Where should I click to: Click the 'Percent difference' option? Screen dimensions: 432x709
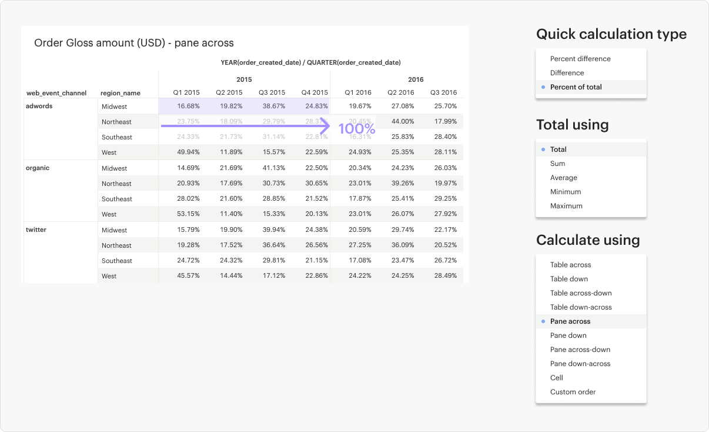tap(580, 59)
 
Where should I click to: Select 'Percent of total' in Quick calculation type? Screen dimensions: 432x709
tap(576, 87)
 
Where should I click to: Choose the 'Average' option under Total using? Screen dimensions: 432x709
tap(564, 178)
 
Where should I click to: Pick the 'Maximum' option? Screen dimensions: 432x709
tap(566, 206)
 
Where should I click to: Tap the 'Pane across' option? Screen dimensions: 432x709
tap(570, 321)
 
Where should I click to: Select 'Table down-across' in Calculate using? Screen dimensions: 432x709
tap(581, 307)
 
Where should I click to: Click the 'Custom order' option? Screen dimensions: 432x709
tap(573, 392)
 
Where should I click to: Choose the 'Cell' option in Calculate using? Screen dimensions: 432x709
tap(557, 378)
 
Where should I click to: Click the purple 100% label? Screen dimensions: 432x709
tap(356, 128)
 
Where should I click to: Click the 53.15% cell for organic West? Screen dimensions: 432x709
tap(188, 214)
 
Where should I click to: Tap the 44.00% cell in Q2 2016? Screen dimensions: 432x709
tap(403, 122)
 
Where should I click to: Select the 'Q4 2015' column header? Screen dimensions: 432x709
tap(315, 92)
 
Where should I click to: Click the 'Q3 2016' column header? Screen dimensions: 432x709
tap(444, 92)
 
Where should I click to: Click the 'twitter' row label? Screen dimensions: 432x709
tap(36, 230)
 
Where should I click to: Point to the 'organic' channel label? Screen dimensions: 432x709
tap(38, 168)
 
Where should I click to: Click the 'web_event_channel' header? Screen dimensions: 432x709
tap(56, 93)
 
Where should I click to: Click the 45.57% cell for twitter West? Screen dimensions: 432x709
tap(188, 276)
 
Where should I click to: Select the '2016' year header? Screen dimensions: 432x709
tap(416, 79)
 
